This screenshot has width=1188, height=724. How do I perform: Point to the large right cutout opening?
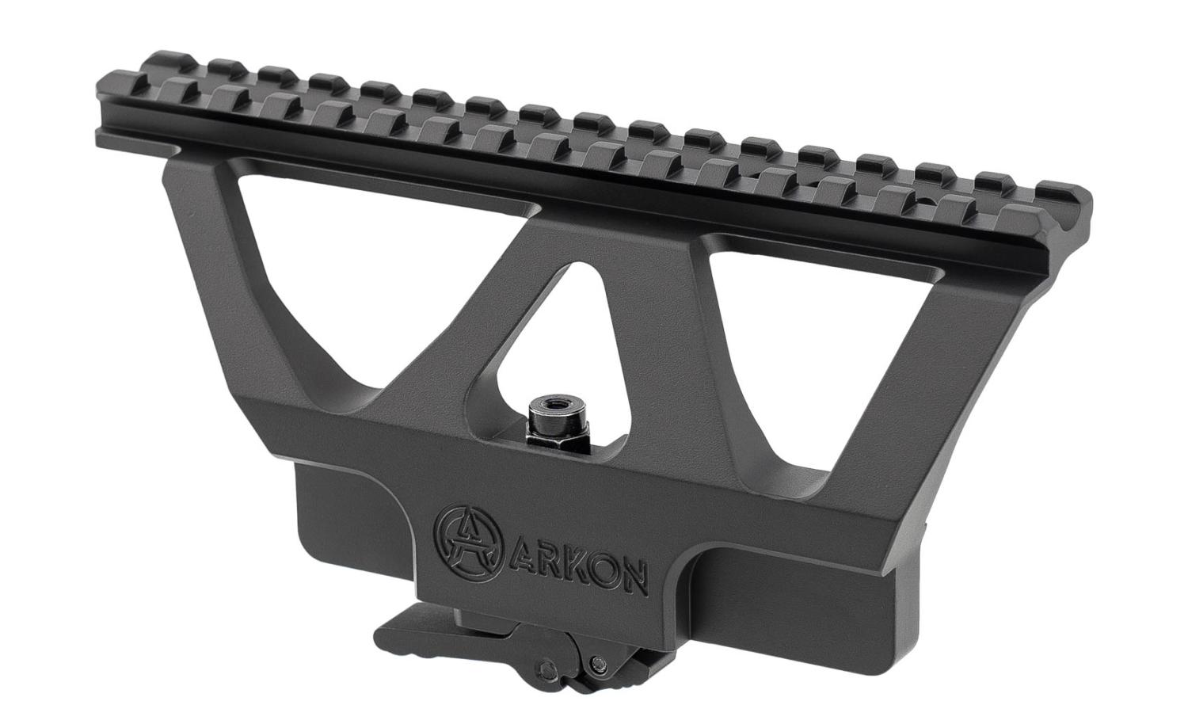[x=828, y=345]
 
